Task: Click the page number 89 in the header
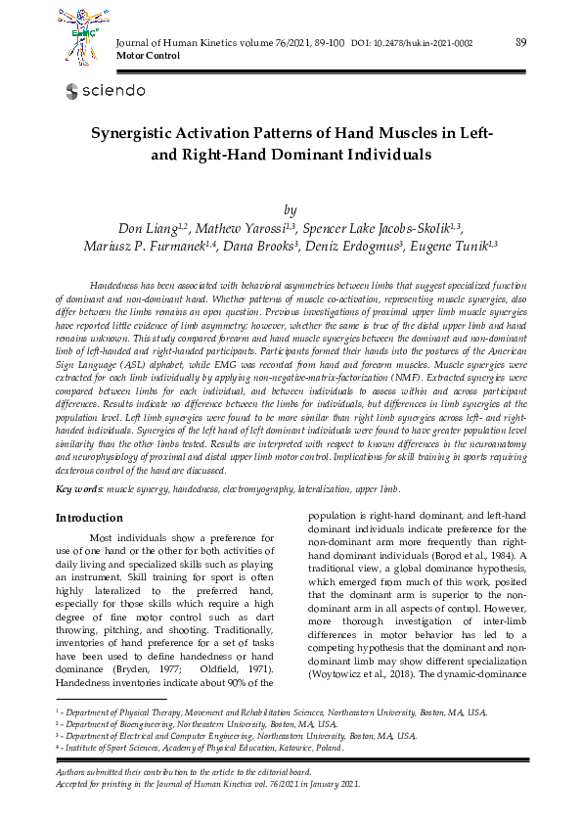(x=521, y=42)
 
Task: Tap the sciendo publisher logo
(x=105, y=91)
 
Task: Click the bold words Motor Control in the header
(x=144, y=57)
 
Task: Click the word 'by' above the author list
(x=291, y=209)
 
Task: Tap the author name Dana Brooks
(x=255, y=247)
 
